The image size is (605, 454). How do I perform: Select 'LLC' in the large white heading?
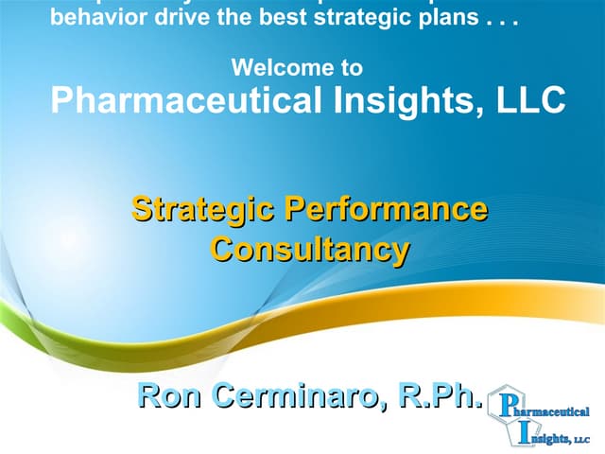tap(531, 98)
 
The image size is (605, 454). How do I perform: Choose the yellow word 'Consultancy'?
tap(310, 250)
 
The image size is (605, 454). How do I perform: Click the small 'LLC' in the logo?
tap(582, 439)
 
